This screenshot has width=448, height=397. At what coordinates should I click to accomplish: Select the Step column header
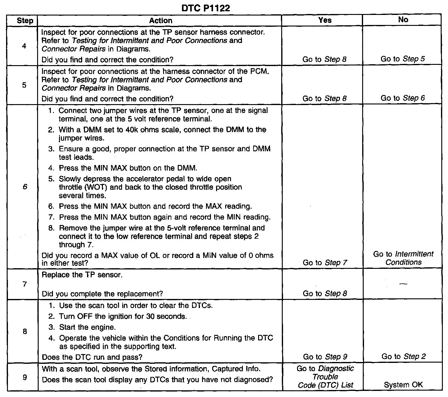pyautogui.click(x=25, y=21)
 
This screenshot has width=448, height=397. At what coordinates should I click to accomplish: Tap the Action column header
pyautogui.click(x=161, y=20)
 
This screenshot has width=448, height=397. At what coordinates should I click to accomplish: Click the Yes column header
pyautogui.click(x=325, y=20)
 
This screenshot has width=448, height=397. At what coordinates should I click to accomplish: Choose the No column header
pyautogui.click(x=403, y=20)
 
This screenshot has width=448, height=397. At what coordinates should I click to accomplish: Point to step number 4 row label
pyautogui.click(x=24, y=46)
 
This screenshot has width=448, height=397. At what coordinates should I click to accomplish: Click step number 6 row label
pyautogui.click(x=25, y=187)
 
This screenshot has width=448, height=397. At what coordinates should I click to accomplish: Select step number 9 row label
pyautogui.click(x=25, y=378)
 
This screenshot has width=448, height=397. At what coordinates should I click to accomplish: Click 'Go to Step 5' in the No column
pyautogui.click(x=403, y=59)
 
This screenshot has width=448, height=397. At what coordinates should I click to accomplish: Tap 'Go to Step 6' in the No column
pyautogui.click(x=403, y=98)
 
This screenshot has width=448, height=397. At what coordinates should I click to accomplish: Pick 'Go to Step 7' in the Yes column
pyautogui.click(x=325, y=262)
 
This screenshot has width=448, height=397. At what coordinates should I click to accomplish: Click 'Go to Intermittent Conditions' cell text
pyautogui.click(x=403, y=258)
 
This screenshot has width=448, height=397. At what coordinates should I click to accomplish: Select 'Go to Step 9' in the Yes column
pyautogui.click(x=325, y=357)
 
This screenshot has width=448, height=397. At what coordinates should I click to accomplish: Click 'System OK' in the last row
pyautogui.click(x=403, y=385)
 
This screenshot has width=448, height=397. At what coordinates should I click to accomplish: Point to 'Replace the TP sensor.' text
pyautogui.click(x=82, y=275)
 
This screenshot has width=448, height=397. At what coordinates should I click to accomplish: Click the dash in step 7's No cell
pyautogui.click(x=403, y=284)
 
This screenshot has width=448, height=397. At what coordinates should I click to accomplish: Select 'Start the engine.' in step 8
pyautogui.click(x=87, y=327)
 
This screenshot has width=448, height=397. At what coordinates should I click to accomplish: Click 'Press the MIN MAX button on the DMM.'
pyautogui.click(x=128, y=168)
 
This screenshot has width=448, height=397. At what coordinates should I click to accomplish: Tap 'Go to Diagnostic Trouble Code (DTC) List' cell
pyautogui.click(x=325, y=377)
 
